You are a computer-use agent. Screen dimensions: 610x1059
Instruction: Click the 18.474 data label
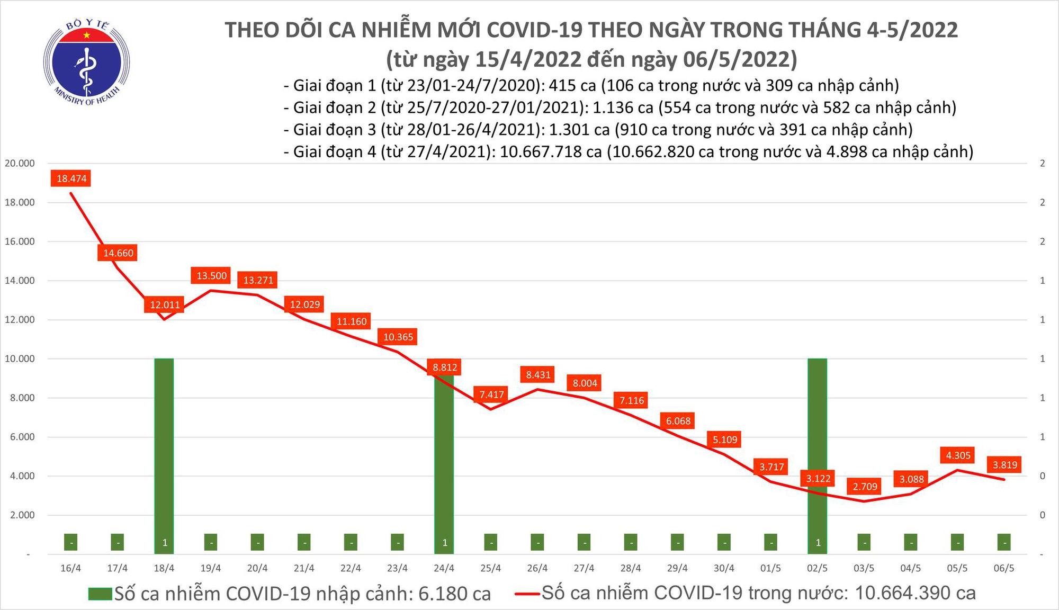pyautogui.click(x=71, y=178)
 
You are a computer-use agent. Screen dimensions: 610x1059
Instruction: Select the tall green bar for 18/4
pyautogui.click(x=164, y=455)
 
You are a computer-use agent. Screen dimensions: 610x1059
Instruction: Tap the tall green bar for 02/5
pyautogui.click(x=818, y=455)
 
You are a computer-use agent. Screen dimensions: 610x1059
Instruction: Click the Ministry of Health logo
pyautogui.click(x=86, y=62)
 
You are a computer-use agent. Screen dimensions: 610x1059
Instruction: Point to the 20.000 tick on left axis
pyautogui.click(x=20, y=164)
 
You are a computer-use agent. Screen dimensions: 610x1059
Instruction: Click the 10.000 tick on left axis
pyautogui.click(x=20, y=359)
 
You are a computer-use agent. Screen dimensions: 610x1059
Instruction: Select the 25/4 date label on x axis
pyautogui.click(x=491, y=568)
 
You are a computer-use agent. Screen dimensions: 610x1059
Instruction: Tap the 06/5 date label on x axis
pyautogui.click(x=1004, y=568)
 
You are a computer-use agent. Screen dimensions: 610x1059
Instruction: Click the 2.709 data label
pyautogui.click(x=865, y=486)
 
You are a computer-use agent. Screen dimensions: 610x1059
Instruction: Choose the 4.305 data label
pyautogui.click(x=958, y=455)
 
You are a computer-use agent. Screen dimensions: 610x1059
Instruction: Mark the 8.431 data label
pyautogui.click(x=538, y=375)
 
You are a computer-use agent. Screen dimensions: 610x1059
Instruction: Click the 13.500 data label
pyautogui.click(x=211, y=276)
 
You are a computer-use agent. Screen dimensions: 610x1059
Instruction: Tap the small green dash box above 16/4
pyautogui.click(x=71, y=542)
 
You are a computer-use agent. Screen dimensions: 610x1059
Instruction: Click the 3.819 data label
pyautogui.click(x=1004, y=465)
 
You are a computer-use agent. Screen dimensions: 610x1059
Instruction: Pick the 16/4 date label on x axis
pyautogui.click(x=71, y=568)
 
